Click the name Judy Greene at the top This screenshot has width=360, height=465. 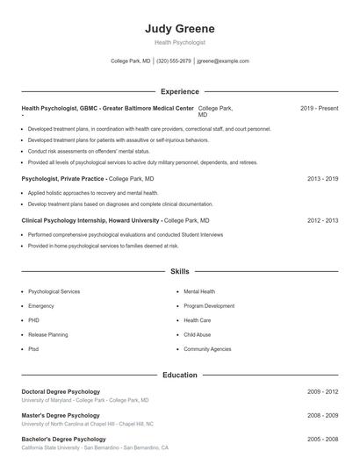[179, 28]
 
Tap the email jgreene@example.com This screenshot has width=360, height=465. [223, 61]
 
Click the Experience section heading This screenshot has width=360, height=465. [179, 91]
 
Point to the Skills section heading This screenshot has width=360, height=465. [179, 272]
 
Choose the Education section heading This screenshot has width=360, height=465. [179, 375]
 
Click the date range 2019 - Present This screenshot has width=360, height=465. [319, 108]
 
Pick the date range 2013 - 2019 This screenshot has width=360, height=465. [322, 178]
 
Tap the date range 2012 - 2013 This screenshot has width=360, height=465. [322, 221]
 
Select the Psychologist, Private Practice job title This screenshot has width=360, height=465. [62, 178]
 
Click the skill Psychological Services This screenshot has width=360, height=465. [54, 291]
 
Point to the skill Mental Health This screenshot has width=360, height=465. [199, 291]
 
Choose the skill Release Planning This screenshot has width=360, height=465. [47, 334]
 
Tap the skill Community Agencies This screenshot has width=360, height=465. [207, 349]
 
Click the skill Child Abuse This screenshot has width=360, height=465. [197, 334]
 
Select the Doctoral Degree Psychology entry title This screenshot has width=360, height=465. [61, 391]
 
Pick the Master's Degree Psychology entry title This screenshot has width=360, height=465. [61, 415]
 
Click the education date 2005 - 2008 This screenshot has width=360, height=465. [322, 439]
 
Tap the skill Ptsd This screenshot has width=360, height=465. [33, 349]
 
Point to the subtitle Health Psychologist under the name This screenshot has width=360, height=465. [179, 42]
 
